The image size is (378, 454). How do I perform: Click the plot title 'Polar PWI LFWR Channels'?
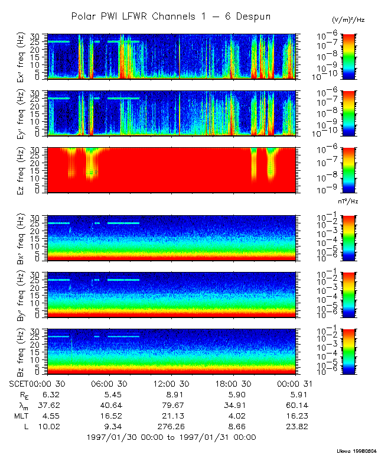pos(171,17)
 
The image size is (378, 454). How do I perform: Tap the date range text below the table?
pos(171,437)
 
